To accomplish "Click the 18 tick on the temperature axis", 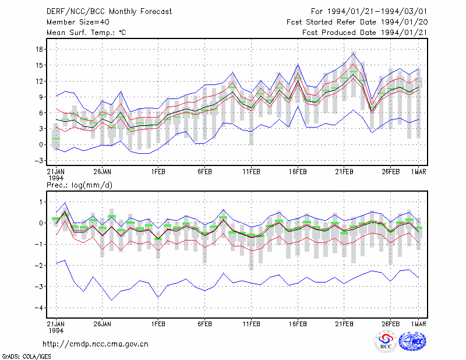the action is pyautogui.click(x=39, y=50).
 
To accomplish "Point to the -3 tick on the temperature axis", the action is pyautogui.click(x=38, y=161).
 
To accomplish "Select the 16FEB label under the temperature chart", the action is pyautogui.click(x=298, y=172).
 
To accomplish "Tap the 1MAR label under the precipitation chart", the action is pyautogui.click(x=418, y=324).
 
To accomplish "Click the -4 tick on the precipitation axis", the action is pyautogui.click(x=38, y=308).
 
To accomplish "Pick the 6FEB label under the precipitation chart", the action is pyautogui.click(x=204, y=324).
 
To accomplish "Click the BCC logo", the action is pyautogui.click(x=386, y=342).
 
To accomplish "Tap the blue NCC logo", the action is pyautogui.click(x=412, y=341).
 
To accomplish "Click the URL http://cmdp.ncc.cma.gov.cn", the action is pyautogui.click(x=96, y=344).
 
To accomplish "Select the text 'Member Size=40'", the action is pyautogui.click(x=78, y=22).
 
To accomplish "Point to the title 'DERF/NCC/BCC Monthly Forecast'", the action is pyautogui.click(x=109, y=12).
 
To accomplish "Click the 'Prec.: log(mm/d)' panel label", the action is pyautogui.click(x=79, y=185).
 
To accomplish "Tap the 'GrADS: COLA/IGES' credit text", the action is pyautogui.click(x=26, y=357).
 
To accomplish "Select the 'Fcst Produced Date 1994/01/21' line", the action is pyautogui.click(x=365, y=33).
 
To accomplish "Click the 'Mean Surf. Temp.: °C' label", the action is pyautogui.click(x=86, y=33).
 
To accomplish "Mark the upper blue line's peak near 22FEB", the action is pyautogui.click(x=354, y=52).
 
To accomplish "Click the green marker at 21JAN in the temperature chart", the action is pyautogui.click(x=56, y=139).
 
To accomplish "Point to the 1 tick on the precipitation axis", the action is pyautogui.click(x=41, y=202).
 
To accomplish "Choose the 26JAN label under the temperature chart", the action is pyautogui.click(x=103, y=172).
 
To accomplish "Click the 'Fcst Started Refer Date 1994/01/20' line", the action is pyautogui.click(x=357, y=22).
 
